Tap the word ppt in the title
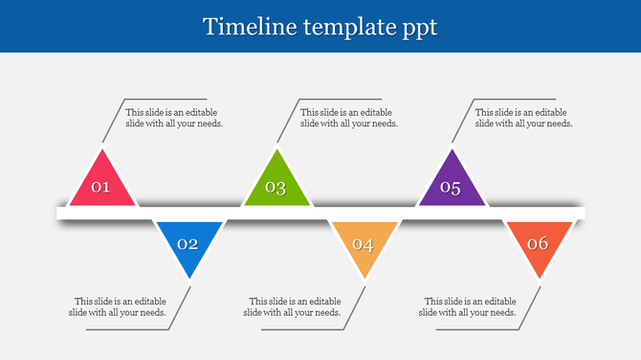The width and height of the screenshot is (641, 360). tap(417, 28)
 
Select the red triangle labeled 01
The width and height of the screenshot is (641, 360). tap(101, 184)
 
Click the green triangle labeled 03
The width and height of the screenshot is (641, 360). tap(276, 184)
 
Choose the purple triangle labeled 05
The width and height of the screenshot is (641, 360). tap(452, 184)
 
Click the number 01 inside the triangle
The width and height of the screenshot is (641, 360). tap(100, 188)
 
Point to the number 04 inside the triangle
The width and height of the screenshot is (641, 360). tap(363, 244)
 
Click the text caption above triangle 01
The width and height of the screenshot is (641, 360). tap(174, 118)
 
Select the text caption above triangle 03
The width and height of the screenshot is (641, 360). tap(349, 118)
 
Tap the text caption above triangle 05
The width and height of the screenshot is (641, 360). tap(524, 118)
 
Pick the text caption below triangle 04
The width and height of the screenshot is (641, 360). tap(293, 306)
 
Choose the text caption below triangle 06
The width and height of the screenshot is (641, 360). tap(469, 306)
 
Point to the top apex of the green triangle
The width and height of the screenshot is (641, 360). tap(276, 151)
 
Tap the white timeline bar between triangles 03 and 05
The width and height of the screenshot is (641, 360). tap(364, 213)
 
